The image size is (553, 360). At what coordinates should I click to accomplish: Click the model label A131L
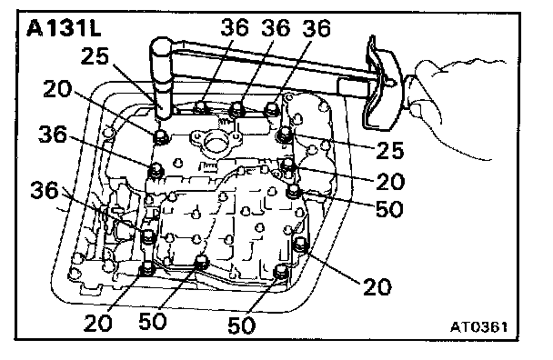(x=64, y=28)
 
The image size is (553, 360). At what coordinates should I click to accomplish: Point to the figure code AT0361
(x=479, y=327)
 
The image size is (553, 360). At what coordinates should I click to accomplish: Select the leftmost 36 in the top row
(x=235, y=27)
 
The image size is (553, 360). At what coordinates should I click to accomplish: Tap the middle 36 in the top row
(x=276, y=27)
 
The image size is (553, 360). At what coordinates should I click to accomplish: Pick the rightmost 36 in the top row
(x=317, y=28)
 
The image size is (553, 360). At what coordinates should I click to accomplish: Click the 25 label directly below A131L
(x=95, y=55)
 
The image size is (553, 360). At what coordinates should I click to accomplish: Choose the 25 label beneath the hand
(x=389, y=150)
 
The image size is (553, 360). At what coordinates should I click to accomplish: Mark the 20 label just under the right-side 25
(x=390, y=181)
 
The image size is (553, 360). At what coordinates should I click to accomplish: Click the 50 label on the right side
(x=389, y=208)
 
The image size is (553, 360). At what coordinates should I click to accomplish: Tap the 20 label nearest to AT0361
(x=377, y=286)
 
